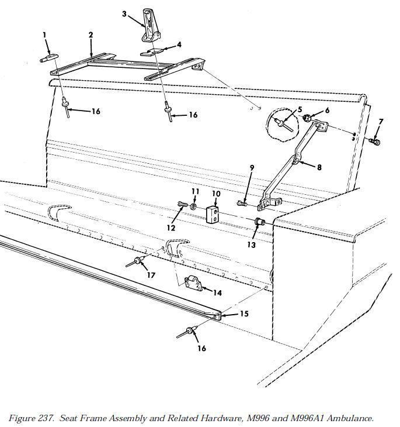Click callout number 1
(x=44, y=35)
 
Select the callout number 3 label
(x=124, y=13)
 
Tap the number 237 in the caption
(x=43, y=418)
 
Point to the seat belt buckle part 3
(x=150, y=25)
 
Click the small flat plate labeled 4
(x=152, y=51)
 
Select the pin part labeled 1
(x=49, y=58)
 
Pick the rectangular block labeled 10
(x=212, y=215)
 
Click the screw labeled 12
(x=182, y=204)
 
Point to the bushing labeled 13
(x=260, y=222)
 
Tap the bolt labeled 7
(x=374, y=142)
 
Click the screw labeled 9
(x=242, y=203)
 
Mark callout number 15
(x=244, y=314)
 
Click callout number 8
(x=319, y=167)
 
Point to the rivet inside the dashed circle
(x=283, y=125)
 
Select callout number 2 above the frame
(x=91, y=35)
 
